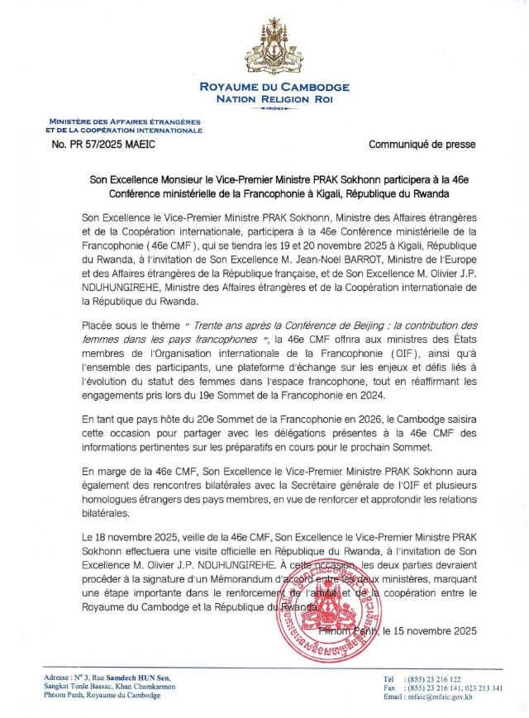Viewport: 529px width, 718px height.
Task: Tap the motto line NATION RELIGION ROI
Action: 264,99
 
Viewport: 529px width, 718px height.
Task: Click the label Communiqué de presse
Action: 422,145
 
